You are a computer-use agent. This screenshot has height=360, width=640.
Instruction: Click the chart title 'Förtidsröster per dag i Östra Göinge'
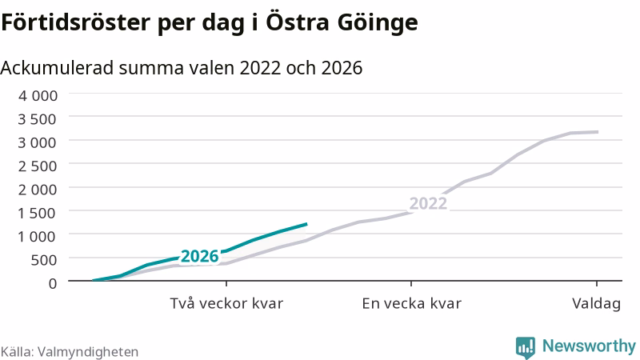point(210,22)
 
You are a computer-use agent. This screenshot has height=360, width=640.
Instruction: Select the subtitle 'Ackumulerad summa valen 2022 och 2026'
point(182,68)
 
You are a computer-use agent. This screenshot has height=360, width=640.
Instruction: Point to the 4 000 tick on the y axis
point(38,95)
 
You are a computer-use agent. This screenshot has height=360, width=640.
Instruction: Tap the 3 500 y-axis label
point(37,119)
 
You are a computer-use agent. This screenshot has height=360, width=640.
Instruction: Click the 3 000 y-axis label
point(37,143)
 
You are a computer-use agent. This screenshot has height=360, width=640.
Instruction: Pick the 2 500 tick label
point(37,166)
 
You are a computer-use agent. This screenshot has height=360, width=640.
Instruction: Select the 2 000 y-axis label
point(37,190)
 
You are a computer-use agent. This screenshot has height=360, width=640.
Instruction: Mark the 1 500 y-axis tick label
point(37,213)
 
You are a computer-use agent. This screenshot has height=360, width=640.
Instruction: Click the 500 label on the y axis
point(44,260)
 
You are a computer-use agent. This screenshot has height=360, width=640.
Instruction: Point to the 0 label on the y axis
point(53,283)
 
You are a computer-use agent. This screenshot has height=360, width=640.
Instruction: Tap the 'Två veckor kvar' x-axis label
point(226,304)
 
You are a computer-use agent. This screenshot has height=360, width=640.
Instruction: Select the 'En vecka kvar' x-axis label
point(411,304)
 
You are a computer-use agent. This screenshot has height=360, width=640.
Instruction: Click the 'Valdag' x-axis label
point(596,304)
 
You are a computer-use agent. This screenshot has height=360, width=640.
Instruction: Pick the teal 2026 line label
point(199,256)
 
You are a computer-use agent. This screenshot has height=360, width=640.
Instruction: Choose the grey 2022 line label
point(428,203)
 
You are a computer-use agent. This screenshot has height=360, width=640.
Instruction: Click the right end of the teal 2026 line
point(306,224)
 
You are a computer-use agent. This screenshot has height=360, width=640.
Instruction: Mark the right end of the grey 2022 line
point(598,132)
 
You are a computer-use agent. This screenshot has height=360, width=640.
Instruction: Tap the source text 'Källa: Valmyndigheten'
point(70,352)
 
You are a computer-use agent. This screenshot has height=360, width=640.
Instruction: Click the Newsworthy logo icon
point(526,347)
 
